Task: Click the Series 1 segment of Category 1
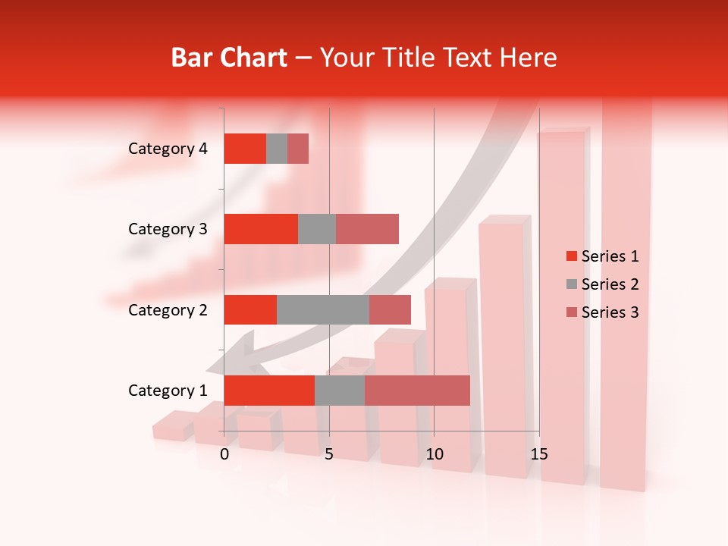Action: point(269,390)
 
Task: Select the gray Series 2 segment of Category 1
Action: point(340,390)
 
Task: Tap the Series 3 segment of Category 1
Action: point(417,390)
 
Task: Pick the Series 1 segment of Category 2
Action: point(250,309)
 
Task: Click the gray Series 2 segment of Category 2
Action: point(323,309)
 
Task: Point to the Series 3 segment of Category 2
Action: point(390,309)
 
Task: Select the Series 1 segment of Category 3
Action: point(261,229)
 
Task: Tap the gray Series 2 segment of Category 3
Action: point(317,229)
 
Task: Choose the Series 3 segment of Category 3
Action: point(367,229)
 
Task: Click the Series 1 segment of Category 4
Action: point(245,149)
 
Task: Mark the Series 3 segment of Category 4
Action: point(298,149)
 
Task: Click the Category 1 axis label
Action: point(168,391)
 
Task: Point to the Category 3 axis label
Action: point(168,229)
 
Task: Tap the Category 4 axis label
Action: point(168,149)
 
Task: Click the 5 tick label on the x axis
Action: point(329,455)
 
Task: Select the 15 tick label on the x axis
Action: point(538,455)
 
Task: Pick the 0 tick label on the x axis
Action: point(224,455)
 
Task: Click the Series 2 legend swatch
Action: point(572,284)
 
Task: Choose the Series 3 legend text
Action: point(610,312)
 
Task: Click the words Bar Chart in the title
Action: point(229,58)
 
